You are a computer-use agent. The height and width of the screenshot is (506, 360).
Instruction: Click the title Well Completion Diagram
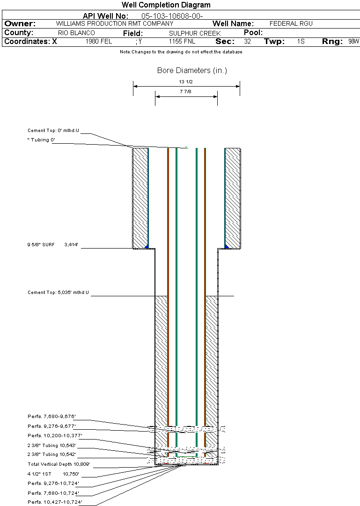click(x=166, y=5)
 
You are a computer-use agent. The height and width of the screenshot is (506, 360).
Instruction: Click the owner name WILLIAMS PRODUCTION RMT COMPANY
click(x=114, y=23)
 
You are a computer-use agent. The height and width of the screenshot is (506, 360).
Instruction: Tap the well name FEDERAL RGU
click(x=291, y=23)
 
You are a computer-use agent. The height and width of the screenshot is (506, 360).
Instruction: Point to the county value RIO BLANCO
click(x=76, y=33)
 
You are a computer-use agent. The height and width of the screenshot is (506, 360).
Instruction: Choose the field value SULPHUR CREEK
click(x=194, y=33)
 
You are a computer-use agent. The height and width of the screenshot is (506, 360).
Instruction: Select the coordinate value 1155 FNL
click(x=182, y=42)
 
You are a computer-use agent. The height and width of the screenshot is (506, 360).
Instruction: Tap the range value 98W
click(x=353, y=42)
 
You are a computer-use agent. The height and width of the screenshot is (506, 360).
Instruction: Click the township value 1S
click(x=301, y=42)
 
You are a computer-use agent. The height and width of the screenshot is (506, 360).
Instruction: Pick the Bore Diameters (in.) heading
click(x=192, y=71)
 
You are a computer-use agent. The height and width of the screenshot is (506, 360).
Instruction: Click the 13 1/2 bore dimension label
click(x=186, y=81)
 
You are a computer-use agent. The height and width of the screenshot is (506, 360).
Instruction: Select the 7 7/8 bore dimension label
click(x=186, y=92)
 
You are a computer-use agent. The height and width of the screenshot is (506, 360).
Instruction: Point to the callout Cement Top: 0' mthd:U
click(x=53, y=131)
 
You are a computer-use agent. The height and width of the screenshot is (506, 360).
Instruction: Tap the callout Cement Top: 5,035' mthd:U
click(x=58, y=293)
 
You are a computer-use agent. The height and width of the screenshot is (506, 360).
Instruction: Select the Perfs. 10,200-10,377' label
click(x=55, y=435)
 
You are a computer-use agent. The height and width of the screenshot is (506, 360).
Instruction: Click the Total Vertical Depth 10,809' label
click(x=59, y=464)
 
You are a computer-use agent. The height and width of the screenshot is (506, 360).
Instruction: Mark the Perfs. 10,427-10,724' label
click(x=55, y=502)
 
